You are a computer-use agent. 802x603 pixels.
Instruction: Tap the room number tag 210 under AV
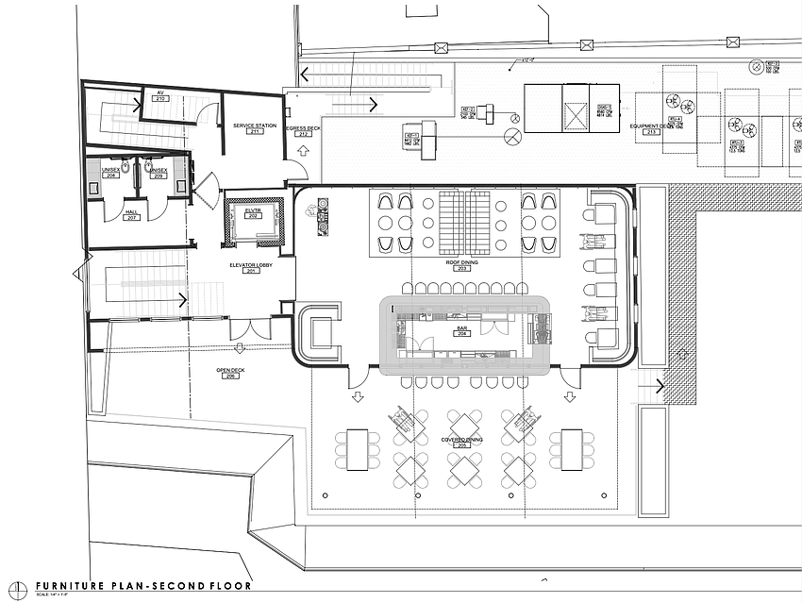click(x=160, y=99)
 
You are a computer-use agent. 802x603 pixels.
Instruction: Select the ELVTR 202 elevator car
click(x=252, y=215)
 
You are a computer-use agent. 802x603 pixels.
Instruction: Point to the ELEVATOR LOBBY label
click(x=252, y=266)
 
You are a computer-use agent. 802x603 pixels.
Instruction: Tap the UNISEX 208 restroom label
click(x=111, y=173)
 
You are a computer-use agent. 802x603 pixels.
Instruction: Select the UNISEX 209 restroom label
click(x=159, y=173)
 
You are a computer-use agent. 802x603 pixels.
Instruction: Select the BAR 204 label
click(x=461, y=331)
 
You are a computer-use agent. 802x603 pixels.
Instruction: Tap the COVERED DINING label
click(x=461, y=440)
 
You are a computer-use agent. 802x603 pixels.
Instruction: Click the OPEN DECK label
click(x=230, y=372)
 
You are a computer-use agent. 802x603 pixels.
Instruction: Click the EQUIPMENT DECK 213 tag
click(x=651, y=130)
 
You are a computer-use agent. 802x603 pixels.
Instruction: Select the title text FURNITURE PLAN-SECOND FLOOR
click(x=143, y=585)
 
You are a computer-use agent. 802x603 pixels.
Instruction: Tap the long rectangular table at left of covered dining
click(x=358, y=449)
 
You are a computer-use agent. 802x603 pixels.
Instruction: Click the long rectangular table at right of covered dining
click(x=572, y=449)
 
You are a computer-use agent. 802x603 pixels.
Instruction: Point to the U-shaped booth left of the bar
click(x=319, y=332)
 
